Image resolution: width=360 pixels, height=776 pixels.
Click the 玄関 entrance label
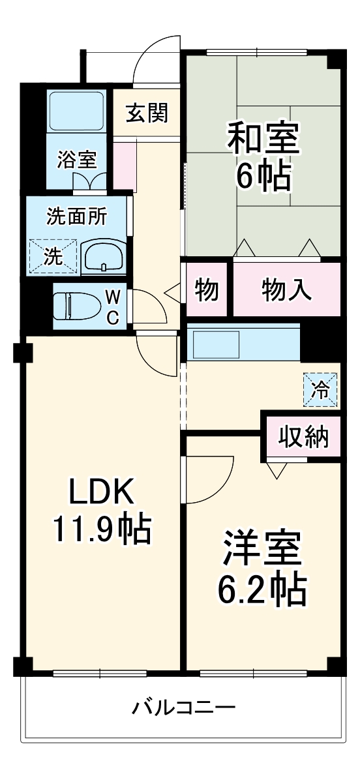click(x=147, y=113)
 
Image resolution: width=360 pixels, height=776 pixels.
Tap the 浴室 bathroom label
click(x=77, y=160)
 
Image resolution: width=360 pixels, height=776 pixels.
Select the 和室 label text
click(x=263, y=139)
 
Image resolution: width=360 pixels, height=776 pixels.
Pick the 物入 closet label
click(x=287, y=290)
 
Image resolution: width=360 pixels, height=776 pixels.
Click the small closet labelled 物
click(x=207, y=290)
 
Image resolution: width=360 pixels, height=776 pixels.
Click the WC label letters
click(x=112, y=307)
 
